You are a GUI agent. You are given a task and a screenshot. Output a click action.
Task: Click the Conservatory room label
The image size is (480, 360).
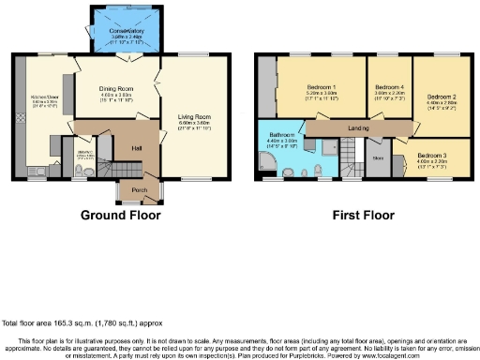pyautogui.click(x=122, y=31)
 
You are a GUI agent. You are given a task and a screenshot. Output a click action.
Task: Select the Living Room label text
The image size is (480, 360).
pyautogui.click(x=192, y=117)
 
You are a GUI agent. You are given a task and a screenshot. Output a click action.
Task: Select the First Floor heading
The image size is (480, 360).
pyautogui.click(x=362, y=215)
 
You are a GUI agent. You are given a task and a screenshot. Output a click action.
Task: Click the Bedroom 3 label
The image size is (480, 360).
pyautogui.click(x=432, y=155)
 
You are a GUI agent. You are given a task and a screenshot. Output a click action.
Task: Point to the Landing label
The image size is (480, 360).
pyautogui.click(x=356, y=127)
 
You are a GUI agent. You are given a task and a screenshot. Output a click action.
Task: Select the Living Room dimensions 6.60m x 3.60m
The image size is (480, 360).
pyautogui.click(x=192, y=125)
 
